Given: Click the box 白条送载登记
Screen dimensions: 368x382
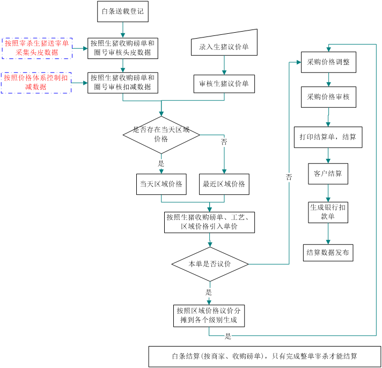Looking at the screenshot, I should pyautogui.click(x=122, y=11).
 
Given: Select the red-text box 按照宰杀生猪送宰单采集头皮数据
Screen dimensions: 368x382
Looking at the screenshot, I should pyautogui.click(x=37, y=48).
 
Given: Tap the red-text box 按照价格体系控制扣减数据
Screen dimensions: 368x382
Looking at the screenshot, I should pyautogui.click(x=36, y=82).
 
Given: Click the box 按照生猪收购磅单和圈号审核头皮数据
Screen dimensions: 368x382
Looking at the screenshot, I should pyautogui.click(x=123, y=48).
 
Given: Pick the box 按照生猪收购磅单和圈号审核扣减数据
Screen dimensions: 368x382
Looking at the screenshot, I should pyautogui.click(x=123, y=83).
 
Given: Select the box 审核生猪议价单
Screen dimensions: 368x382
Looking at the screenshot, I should pyautogui.click(x=224, y=84).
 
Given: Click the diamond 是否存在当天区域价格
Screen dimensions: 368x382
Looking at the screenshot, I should pyautogui.click(x=161, y=135).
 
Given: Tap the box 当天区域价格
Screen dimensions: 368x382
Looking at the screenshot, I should pyautogui.click(x=161, y=184).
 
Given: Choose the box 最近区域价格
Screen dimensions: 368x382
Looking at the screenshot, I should pyautogui.click(x=224, y=184).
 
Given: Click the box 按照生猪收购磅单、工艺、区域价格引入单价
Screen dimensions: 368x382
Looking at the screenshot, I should pyautogui.click(x=209, y=222).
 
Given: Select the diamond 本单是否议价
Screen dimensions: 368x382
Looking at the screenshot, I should pyautogui.click(x=209, y=264).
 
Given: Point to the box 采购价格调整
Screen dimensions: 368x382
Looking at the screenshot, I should pyautogui.click(x=328, y=62).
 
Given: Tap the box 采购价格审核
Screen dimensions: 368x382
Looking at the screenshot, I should pyautogui.click(x=328, y=97).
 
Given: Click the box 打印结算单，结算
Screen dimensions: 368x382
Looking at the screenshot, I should pyautogui.click(x=328, y=137).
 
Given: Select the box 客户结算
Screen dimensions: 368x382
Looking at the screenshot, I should pyautogui.click(x=328, y=174).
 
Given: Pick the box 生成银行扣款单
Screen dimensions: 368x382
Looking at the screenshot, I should pyautogui.click(x=328, y=212).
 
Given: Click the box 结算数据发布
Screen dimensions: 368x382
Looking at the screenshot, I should pyautogui.click(x=328, y=252).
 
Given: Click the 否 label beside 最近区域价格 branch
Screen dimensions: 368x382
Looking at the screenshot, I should pyautogui.click(x=224, y=142).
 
